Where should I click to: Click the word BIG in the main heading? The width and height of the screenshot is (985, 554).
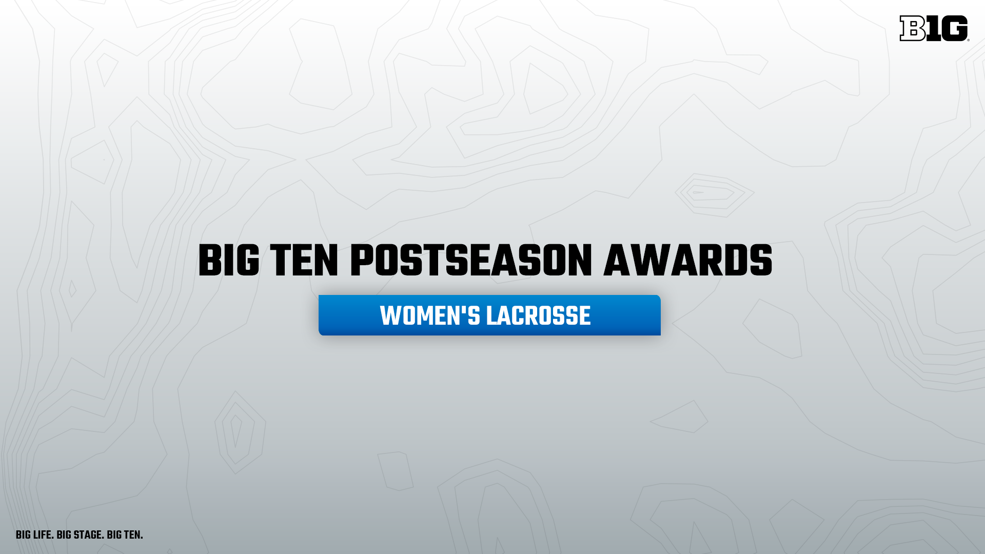[229, 262]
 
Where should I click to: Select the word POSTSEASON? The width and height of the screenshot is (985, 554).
[471, 262]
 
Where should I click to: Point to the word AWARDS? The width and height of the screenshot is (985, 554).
[688, 262]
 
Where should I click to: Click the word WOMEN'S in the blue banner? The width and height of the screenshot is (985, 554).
[430, 316]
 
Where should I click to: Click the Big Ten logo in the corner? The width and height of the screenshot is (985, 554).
[934, 28]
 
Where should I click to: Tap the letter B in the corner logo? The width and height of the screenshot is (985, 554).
[912, 28]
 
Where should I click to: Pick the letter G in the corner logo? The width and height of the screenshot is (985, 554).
[955, 28]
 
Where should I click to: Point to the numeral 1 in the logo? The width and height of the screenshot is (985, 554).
[934, 28]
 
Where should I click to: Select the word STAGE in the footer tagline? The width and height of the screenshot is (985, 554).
[89, 536]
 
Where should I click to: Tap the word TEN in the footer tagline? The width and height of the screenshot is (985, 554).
[132, 536]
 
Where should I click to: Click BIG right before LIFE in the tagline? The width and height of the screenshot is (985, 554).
[24, 536]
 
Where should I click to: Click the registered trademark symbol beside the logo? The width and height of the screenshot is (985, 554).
[968, 39]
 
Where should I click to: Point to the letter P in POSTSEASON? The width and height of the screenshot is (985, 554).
[362, 262]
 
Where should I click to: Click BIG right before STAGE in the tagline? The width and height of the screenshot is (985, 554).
[64, 536]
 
